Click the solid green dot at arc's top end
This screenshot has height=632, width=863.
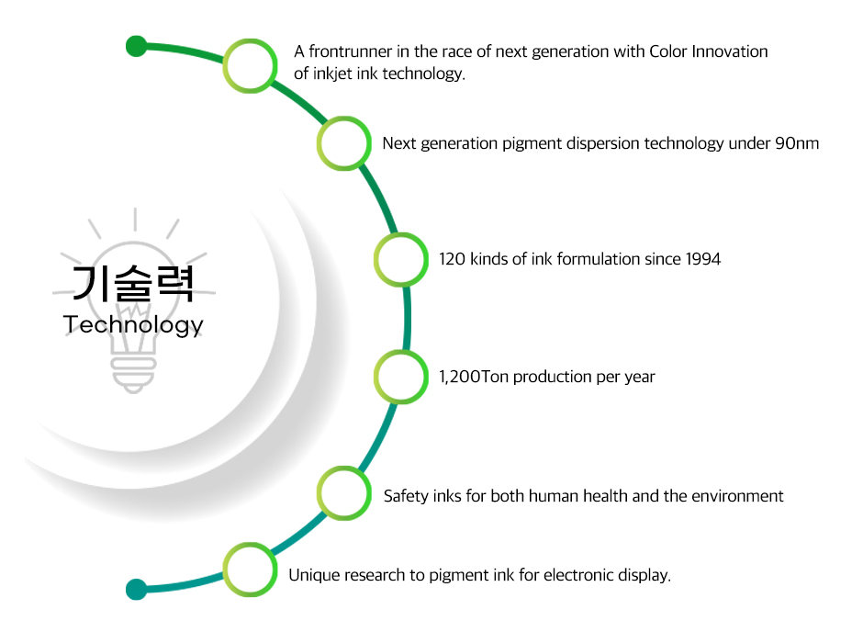(x=136, y=46)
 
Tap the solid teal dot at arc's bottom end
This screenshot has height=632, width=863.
(x=136, y=589)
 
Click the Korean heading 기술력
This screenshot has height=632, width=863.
(x=133, y=283)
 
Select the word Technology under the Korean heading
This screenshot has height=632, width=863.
(x=133, y=325)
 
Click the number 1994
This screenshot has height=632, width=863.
(x=703, y=259)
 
